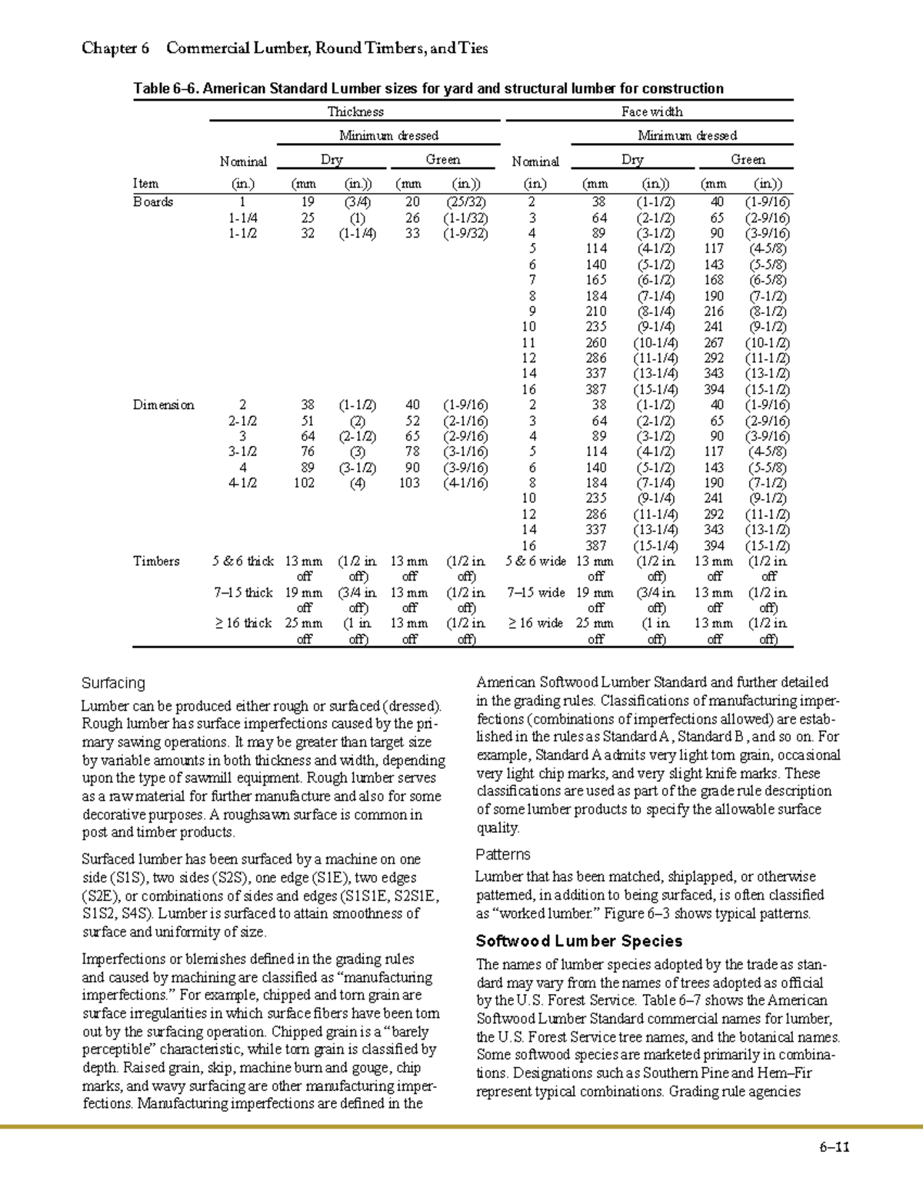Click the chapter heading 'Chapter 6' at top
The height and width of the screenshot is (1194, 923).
[x=115, y=48]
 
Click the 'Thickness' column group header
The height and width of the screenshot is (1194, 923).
[x=355, y=112]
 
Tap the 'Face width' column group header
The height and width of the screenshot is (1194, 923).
[x=651, y=112]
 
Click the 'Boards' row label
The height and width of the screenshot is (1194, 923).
[x=153, y=202]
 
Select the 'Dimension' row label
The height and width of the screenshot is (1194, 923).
[x=164, y=405]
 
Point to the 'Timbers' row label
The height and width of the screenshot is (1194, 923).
[x=156, y=561]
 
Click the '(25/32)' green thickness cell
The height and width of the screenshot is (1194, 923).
[x=465, y=202]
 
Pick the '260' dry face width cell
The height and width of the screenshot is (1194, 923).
[x=595, y=343]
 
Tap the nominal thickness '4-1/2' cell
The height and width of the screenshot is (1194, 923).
[x=243, y=483]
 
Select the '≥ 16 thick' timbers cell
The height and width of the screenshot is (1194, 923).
[x=243, y=624]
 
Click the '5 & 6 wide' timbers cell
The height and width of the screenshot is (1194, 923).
[x=535, y=561]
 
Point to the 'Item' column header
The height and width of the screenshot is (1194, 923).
[x=145, y=184]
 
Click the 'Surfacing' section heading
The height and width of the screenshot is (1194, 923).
[x=113, y=683]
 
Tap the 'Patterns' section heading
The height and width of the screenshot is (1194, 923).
[x=502, y=854]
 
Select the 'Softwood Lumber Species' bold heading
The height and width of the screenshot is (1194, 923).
[x=578, y=941]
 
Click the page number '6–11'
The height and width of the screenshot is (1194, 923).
[x=834, y=1148]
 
